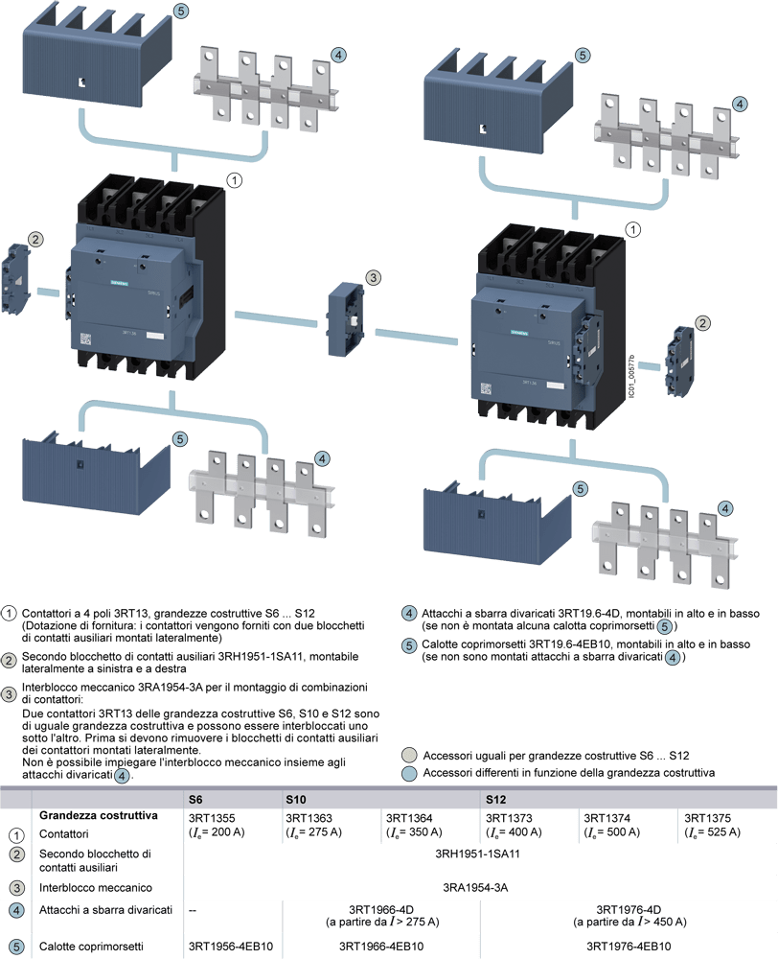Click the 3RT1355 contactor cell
pos(217,825)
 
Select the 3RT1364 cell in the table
pos(414,825)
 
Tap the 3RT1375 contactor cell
pos(712,825)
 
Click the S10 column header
pos(296,800)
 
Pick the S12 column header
pos(495,800)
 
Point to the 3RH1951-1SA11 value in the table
pos(477,854)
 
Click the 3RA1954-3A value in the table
pos(475,887)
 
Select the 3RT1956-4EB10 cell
pos(230,947)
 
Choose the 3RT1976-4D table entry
pos(629,909)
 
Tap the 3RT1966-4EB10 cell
pos(381,947)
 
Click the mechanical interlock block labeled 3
pos(345,318)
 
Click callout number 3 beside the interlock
pos(373,278)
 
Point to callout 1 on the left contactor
pos(235,180)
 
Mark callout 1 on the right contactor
pos(633,229)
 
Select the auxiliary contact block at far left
pos(16,279)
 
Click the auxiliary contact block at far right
pos(679,361)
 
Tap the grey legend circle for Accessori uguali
pos(409,756)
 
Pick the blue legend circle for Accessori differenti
pos(409,773)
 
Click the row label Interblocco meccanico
pos(96,887)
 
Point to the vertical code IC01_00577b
pos(632,377)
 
